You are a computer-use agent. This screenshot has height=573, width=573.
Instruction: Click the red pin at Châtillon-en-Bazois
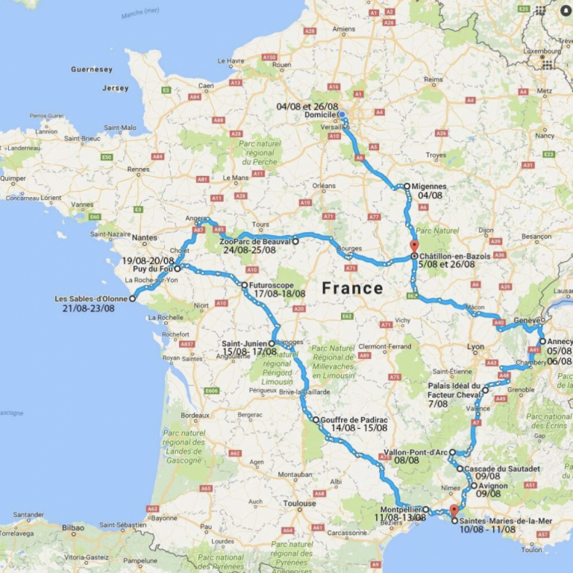tap(414, 247)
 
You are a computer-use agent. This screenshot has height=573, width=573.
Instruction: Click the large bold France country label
tap(352, 288)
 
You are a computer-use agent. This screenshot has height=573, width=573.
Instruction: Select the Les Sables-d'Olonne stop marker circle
tap(133, 298)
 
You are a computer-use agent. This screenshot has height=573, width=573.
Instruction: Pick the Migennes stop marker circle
tap(407, 187)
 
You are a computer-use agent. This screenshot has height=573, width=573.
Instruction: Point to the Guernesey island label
tap(91, 69)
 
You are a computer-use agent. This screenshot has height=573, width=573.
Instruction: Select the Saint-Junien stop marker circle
tap(272, 344)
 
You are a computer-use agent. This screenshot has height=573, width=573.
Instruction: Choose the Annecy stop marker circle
tap(542, 342)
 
